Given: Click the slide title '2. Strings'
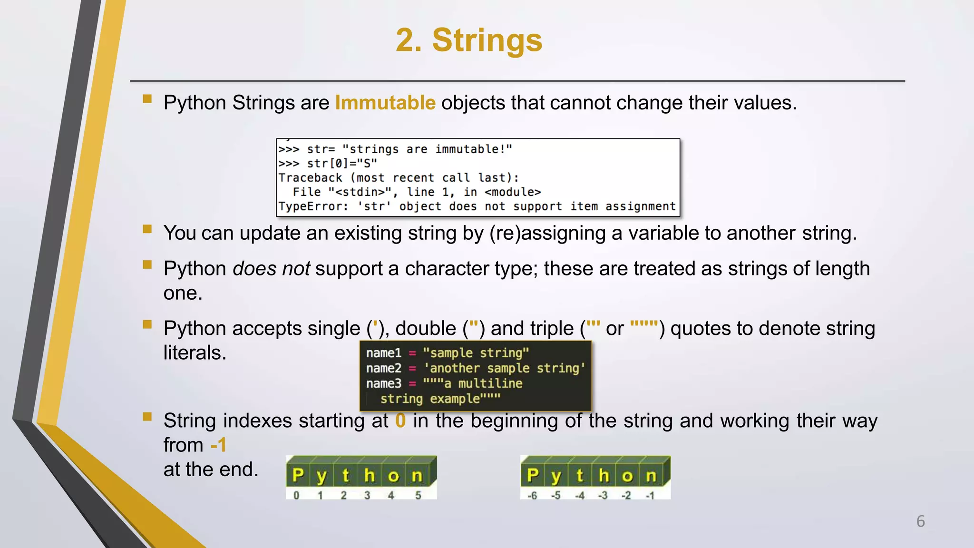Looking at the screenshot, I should click(x=469, y=40).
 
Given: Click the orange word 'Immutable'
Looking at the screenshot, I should click(x=385, y=103).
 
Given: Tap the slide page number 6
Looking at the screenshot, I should click(x=920, y=521).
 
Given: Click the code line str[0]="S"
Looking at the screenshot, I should click(x=341, y=164).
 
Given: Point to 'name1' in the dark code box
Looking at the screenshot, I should click(x=383, y=353).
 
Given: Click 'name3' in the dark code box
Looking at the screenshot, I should click(x=383, y=383).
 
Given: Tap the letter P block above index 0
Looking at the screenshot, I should click(x=298, y=475).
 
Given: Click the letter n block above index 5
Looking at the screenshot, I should click(x=417, y=475).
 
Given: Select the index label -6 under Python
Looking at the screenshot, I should click(x=532, y=496).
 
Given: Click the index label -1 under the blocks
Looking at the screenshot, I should click(x=650, y=496).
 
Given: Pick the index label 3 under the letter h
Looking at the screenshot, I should click(x=367, y=496).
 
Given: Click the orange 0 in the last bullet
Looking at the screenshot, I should click(x=400, y=421).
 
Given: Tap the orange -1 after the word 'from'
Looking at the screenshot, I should click(x=218, y=445).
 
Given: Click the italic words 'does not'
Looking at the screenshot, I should click(x=271, y=269).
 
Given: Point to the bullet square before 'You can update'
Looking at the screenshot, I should click(x=147, y=229).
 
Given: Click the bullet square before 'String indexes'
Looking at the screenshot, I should click(x=147, y=417).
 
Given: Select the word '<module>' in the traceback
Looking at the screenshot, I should click(x=513, y=192).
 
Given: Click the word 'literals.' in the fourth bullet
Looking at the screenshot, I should click(x=195, y=353).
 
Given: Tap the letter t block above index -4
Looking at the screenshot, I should click(x=580, y=475).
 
